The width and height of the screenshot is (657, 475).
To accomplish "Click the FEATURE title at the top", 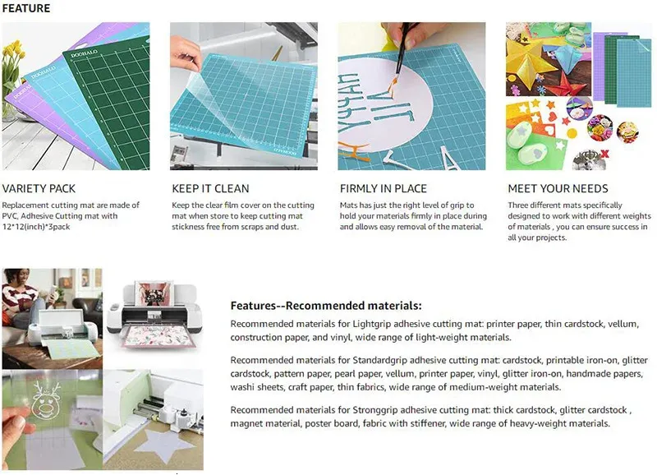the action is tap(26, 8).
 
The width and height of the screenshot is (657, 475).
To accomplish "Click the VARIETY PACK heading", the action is tap(39, 189).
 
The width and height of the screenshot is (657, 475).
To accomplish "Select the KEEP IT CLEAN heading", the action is tap(210, 189).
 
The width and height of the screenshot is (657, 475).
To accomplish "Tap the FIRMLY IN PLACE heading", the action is tap(383, 189).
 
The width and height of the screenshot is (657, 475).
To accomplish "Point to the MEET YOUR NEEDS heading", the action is tap(558, 189).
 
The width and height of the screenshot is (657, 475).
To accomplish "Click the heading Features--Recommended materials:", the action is tap(326, 306).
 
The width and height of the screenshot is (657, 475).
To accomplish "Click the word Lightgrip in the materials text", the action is tap(372, 324).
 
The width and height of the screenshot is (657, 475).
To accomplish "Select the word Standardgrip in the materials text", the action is tap(379, 360).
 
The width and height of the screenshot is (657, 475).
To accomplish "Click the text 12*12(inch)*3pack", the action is tap(36, 227).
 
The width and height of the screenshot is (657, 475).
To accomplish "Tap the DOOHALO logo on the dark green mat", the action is tap(84, 53).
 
